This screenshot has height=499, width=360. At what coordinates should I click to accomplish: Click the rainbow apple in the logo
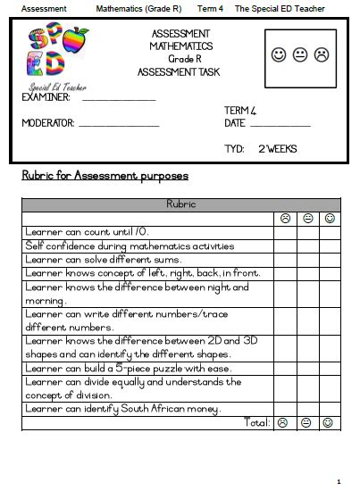coord(79,41)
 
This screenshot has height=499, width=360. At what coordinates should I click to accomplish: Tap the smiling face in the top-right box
coord(279,55)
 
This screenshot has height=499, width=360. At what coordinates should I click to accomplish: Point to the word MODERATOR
coord(48,123)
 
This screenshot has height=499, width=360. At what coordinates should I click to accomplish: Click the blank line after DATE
coord(280,124)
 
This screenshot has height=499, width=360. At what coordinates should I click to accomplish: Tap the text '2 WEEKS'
coord(277,148)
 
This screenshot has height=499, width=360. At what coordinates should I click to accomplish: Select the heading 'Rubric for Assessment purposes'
coord(104,176)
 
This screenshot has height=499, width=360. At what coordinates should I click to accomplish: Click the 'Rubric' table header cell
coord(180,204)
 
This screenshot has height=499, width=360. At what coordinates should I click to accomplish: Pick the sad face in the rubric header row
coord(284,218)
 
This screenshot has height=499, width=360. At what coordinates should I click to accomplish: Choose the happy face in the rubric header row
coord(330,218)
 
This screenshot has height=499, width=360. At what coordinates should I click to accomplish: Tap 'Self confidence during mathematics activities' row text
coord(130,245)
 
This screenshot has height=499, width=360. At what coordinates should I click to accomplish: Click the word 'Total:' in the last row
coord(256,422)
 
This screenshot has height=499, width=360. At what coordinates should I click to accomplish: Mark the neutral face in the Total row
coord(307,422)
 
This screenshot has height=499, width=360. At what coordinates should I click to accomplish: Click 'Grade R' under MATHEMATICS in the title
coord(181,57)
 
